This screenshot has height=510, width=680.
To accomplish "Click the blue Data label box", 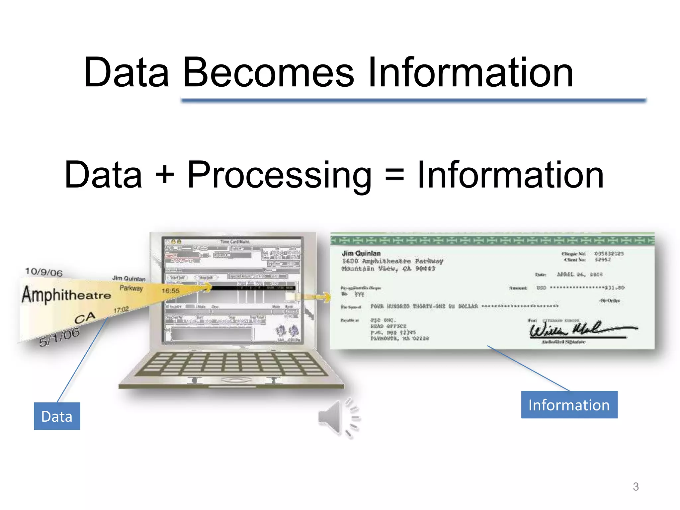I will coord(57,416).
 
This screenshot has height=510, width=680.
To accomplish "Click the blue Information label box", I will coord(569,405).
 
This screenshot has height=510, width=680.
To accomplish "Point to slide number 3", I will coord(636,487).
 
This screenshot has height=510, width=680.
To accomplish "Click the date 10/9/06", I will coord(44,272).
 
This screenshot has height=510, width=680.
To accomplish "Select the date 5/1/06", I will coord(59,336).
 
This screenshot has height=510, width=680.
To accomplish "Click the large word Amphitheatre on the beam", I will coord(66,295).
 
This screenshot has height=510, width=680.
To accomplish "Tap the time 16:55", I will coord(170,291).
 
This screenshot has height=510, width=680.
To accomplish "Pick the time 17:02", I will coord(121,310).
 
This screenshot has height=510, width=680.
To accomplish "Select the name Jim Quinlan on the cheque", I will coord(361,253).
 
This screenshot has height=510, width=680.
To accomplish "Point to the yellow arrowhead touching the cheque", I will coord(326,297).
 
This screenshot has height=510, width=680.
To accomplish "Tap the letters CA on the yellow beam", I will coord(85,318).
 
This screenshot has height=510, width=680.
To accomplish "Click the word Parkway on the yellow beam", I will coord(131,288).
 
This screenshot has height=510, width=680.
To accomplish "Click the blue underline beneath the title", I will coord(413,100).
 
